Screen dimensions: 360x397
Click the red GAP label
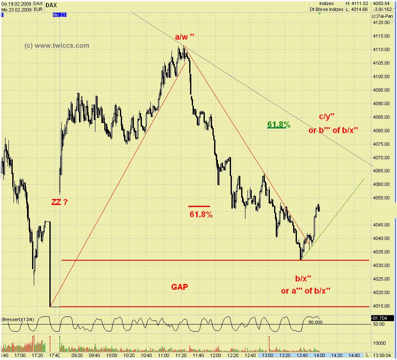[x=179, y=287]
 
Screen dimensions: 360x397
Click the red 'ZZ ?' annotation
[x=59, y=202]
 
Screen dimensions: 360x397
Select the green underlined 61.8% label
[x=279, y=124]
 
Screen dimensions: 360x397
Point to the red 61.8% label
[x=201, y=214]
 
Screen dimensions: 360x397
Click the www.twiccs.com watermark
[x=57, y=46]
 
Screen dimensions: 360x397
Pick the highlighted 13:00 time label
[x=266, y=356]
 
